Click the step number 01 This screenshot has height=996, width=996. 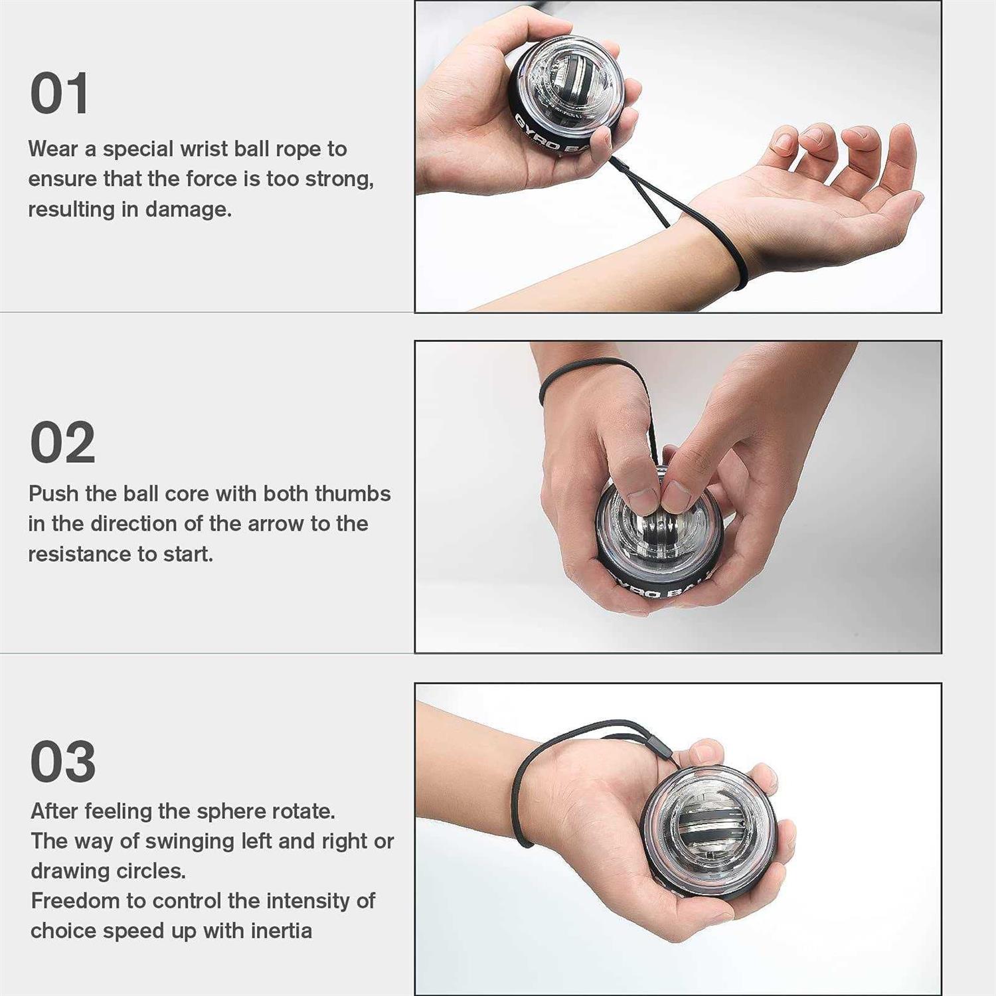tap(60, 94)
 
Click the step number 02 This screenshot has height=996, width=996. tap(63, 443)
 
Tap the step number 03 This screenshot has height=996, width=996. tap(63, 762)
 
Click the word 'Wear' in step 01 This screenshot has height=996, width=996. tap(53, 149)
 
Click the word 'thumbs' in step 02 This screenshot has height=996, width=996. tap(353, 494)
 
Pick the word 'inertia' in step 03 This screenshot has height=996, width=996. tap(281, 931)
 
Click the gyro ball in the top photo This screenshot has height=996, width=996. tap(564, 93)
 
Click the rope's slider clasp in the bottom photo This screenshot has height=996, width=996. tap(664, 750)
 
